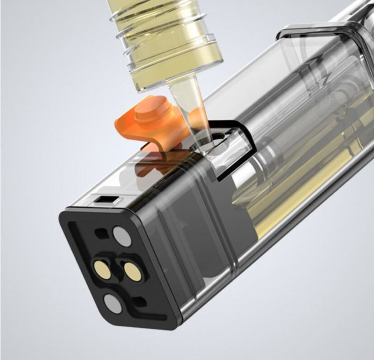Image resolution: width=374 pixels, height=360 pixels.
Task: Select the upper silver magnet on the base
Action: pos(122,236)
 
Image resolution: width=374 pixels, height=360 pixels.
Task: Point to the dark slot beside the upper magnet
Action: pos(100,232)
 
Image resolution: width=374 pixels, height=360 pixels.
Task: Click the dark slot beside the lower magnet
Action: pos(138,301)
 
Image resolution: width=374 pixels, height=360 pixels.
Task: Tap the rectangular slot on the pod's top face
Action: pos(103,201)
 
